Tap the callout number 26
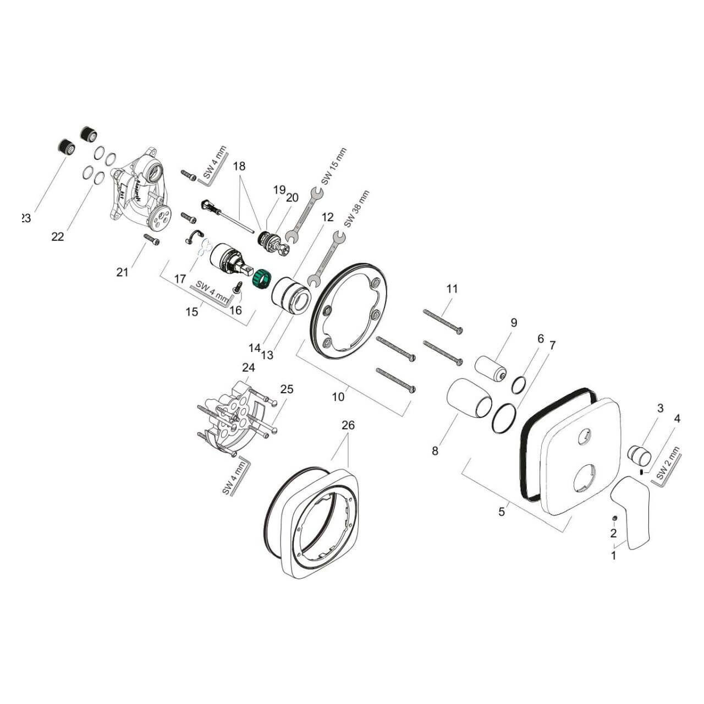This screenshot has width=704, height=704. click(348, 425)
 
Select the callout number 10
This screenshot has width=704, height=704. click(339, 396)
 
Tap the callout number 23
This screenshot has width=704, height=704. click(25, 218)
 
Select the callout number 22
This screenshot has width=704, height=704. click(58, 237)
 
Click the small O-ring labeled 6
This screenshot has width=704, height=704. click(518, 384)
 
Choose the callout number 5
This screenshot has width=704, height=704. click(501, 512)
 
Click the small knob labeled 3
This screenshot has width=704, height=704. click(639, 455)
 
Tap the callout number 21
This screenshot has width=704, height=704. click(123, 271)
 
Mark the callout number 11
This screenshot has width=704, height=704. click(452, 289)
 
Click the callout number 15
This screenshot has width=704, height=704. click(192, 312)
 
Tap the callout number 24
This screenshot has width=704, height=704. click(249, 367)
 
